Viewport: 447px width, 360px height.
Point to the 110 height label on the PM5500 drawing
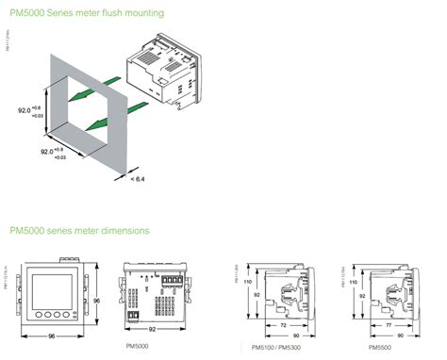[x=356, y=280]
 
